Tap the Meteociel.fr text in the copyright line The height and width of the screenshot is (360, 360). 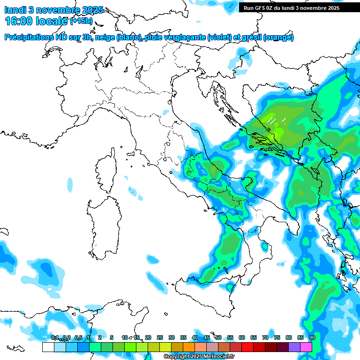click(222, 357)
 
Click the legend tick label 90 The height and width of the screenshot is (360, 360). click(312, 337)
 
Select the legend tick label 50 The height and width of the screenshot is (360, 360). click(218, 337)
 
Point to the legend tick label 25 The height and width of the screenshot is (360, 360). click(160, 337)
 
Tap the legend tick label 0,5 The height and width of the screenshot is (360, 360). click(78, 337)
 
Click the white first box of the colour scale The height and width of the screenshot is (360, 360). click(48, 347)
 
